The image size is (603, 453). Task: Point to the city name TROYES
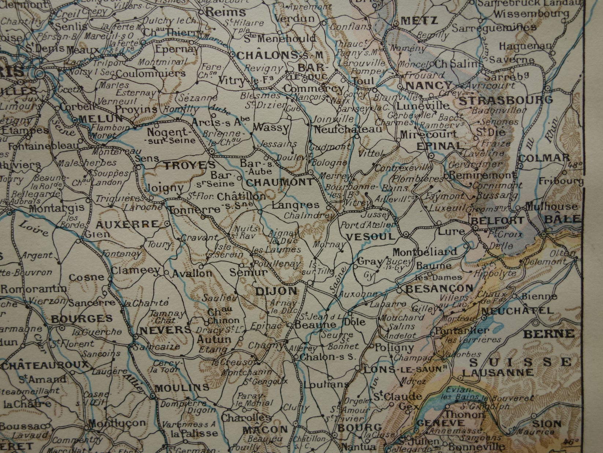184,166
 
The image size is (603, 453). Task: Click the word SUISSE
520,362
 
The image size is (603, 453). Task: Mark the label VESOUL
371,237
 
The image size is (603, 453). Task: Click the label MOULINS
182,387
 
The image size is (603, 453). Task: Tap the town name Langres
296,205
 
